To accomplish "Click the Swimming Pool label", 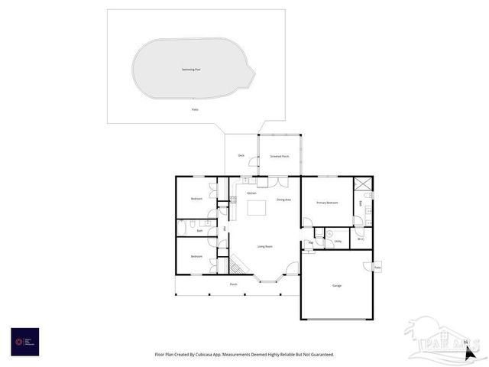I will [191, 70].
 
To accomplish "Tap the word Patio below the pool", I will [195, 109].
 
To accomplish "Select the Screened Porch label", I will [279, 156].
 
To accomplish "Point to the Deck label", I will [241, 156].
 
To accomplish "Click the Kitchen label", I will [251, 193].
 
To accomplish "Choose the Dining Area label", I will [283, 200].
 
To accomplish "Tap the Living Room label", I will [265, 246].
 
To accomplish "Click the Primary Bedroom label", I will [327, 203].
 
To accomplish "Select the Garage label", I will [337, 286].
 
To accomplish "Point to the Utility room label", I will [337, 242].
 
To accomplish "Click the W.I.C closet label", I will [361, 239].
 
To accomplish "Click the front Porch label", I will [234, 284].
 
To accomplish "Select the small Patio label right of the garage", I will [377, 267].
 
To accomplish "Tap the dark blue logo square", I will [24, 341].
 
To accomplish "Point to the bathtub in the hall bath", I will [182, 227].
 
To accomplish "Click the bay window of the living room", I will [270, 280].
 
